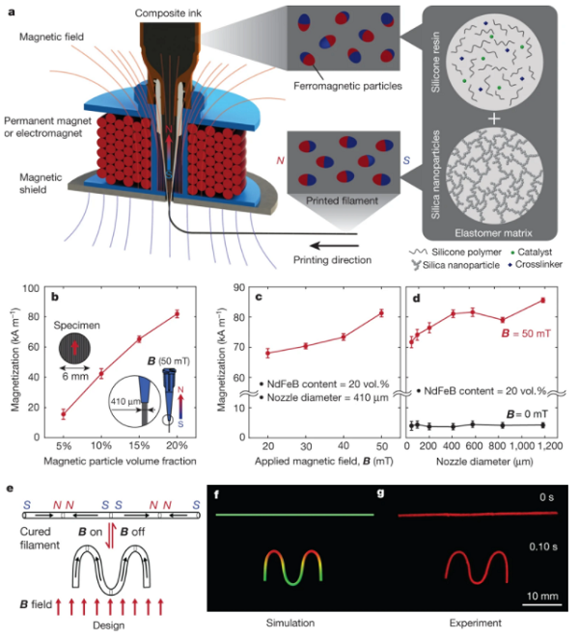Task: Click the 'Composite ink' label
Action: click(168, 13)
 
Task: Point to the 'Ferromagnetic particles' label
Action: click(347, 86)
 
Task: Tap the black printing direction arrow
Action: click(334, 246)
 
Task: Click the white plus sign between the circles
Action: click(494, 119)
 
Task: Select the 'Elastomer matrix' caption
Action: click(493, 233)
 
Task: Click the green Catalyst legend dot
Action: click(512, 253)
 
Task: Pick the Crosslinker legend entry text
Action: click(538, 264)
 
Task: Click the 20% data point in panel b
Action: click(178, 314)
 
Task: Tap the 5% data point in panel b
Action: click(64, 414)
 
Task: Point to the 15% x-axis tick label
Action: click(139, 445)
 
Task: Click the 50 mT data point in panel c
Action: click(381, 313)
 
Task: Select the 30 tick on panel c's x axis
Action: click(306, 446)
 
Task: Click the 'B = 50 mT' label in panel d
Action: click(526, 333)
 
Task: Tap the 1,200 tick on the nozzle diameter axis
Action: click(549, 446)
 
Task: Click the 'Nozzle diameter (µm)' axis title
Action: click(484, 462)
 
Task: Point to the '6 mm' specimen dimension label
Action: click(75, 377)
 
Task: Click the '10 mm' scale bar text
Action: click(542, 597)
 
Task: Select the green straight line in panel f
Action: click(294, 515)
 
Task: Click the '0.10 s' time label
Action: click(543, 546)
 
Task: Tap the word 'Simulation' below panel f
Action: click(290, 623)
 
